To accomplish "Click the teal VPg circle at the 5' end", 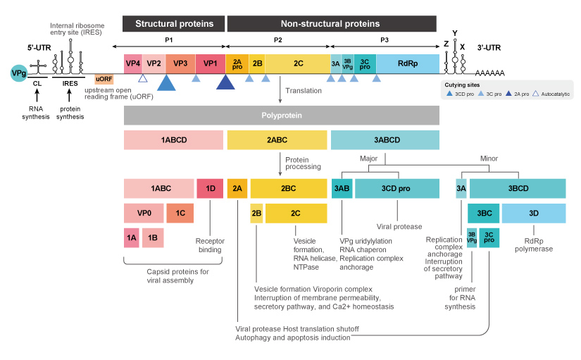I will pos(20,73).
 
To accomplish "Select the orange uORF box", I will pos(104,78).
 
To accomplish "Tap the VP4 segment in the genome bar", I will pos(133,63).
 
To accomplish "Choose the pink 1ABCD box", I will pos(174,139).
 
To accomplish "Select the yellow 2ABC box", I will pos(277,139).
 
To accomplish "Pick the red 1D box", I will pos(210,188).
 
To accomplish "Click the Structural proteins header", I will pos(174,24).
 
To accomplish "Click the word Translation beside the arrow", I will pos(304,91).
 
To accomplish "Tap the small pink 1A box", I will pos(132,238).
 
